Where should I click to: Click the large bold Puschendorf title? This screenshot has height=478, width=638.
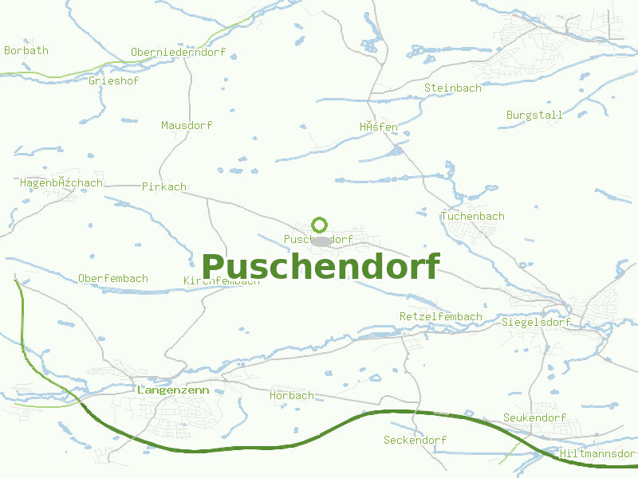(320, 267)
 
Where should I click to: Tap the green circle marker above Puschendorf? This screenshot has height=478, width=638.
(319, 225)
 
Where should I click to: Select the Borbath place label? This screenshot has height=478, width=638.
(26, 50)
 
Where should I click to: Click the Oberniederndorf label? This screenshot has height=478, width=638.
(178, 53)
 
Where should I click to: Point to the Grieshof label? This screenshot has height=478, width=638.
(114, 80)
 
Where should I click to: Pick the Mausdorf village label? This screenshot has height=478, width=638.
(187, 125)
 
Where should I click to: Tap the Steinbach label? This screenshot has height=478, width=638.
(453, 88)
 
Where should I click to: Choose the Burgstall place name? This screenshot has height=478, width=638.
(534, 115)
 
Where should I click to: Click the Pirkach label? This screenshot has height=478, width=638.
(163, 186)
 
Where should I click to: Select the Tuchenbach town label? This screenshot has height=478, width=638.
(472, 216)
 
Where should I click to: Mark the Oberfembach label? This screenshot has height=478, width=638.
(113, 278)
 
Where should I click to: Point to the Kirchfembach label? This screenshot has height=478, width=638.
(221, 281)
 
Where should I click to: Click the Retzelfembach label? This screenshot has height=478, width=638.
(440, 316)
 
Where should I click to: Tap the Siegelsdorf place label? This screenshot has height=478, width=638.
(537, 323)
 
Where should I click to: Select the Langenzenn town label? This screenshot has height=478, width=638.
(173, 390)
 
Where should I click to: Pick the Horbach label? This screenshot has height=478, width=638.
(291, 395)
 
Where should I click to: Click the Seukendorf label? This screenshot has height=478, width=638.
(534, 417)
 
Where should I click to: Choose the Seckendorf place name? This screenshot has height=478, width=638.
(415, 440)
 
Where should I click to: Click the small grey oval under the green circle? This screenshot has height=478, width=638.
(321, 241)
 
